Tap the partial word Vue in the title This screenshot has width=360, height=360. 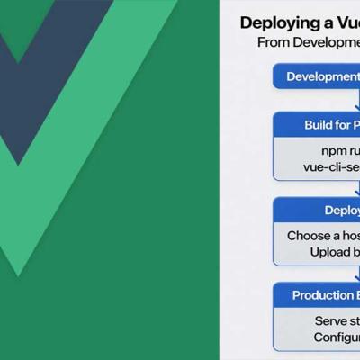(343, 22)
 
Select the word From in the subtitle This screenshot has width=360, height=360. (274, 42)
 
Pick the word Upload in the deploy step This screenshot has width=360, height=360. (328, 252)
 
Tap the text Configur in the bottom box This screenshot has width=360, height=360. (337, 337)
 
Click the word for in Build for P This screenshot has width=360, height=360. (343, 125)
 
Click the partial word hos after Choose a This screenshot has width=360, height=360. (349, 235)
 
